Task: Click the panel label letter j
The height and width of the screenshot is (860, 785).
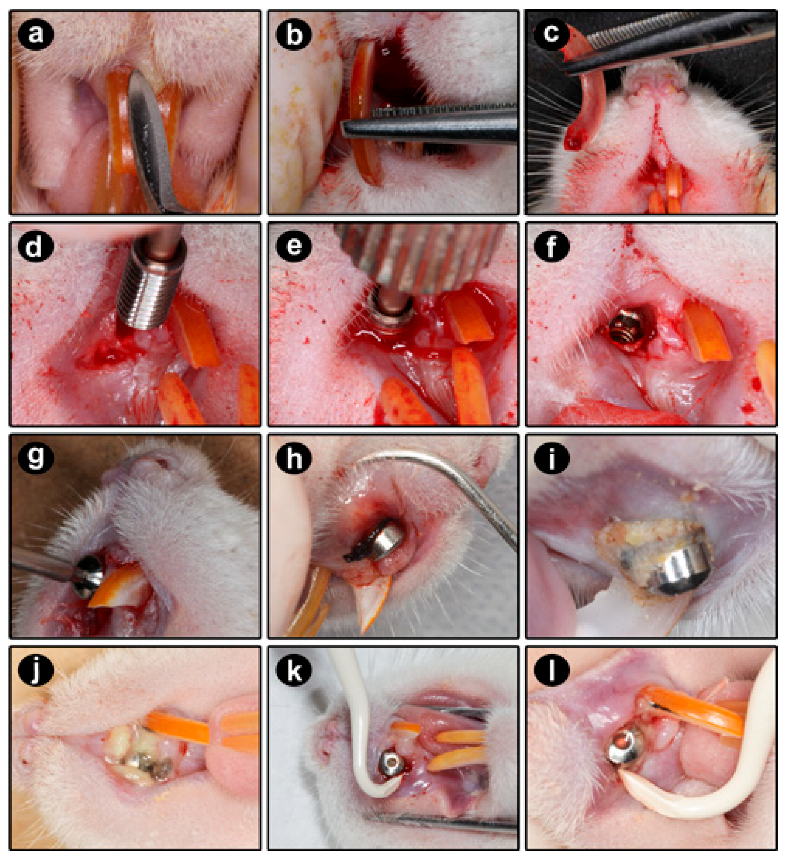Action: click(36, 670)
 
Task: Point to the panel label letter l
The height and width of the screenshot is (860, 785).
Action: click(551, 670)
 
